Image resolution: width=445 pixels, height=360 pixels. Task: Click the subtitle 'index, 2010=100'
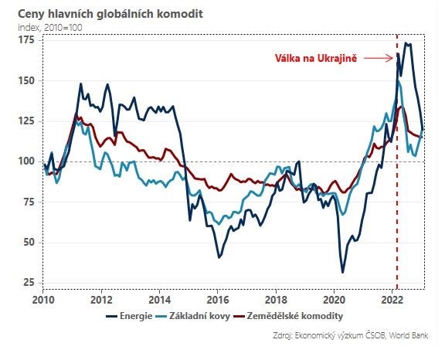coord(50,28)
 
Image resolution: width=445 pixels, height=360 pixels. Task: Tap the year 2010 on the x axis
coord(44,300)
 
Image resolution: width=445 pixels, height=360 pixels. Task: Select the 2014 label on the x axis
coord(160,300)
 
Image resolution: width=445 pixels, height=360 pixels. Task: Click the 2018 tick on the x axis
coord(277,300)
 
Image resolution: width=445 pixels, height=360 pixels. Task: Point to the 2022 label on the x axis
coord(392,300)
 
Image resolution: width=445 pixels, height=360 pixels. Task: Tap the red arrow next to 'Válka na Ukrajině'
coord(378,58)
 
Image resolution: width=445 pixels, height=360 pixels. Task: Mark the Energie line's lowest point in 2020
coord(342,272)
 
